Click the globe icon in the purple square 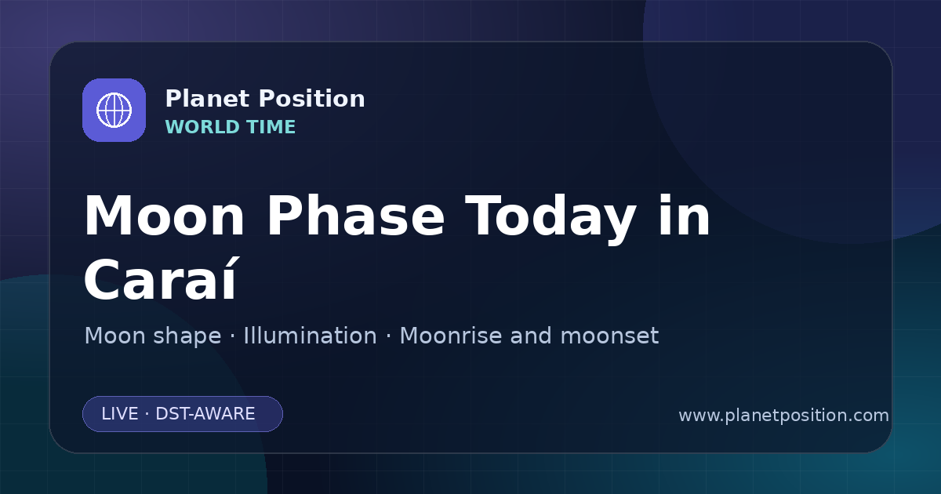(x=114, y=110)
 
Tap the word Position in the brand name (x=312, y=99)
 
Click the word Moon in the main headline (x=164, y=216)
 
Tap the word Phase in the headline (x=355, y=216)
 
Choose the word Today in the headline (x=551, y=219)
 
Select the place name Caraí (x=161, y=278)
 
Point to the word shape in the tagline (x=187, y=337)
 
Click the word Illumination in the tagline (x=310, y=336)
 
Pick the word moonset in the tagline (x=609, y=336)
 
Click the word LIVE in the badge (x=120, y=414)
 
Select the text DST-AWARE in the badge (x=205, y=414)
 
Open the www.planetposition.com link (x=783, y=416)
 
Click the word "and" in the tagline (x=531, y=336)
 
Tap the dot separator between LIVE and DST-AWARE (x=147, y=414)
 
